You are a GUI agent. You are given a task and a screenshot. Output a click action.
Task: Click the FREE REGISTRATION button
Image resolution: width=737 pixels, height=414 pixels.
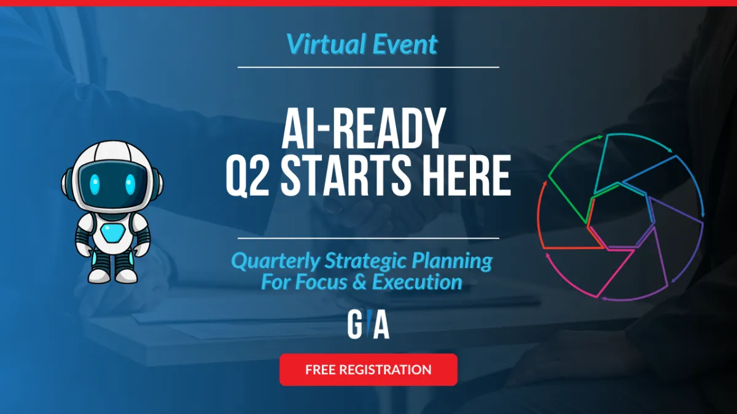[368, 370]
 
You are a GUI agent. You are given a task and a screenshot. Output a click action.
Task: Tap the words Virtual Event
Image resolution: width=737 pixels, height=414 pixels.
[362, 44]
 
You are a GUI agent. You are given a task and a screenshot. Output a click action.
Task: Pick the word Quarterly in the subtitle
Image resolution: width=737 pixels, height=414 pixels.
[275, 261]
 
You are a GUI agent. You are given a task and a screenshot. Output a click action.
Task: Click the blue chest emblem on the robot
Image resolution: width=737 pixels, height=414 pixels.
[112, 233]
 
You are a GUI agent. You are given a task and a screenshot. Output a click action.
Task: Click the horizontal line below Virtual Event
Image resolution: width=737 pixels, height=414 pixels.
[368, 67]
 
